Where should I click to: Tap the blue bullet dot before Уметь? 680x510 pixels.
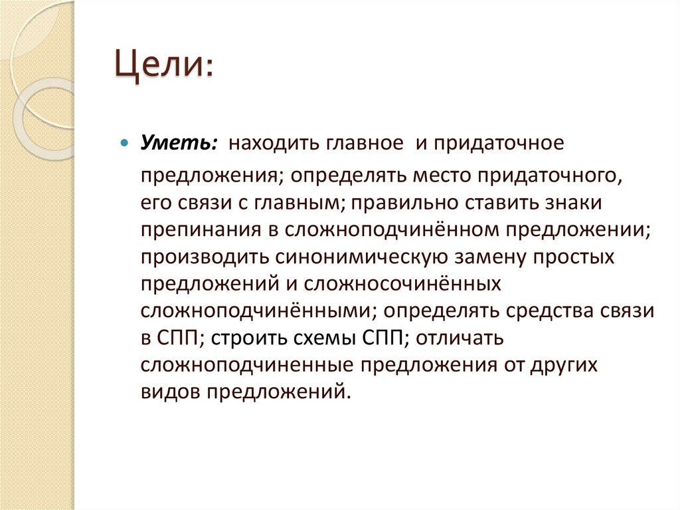coord(124,144)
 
